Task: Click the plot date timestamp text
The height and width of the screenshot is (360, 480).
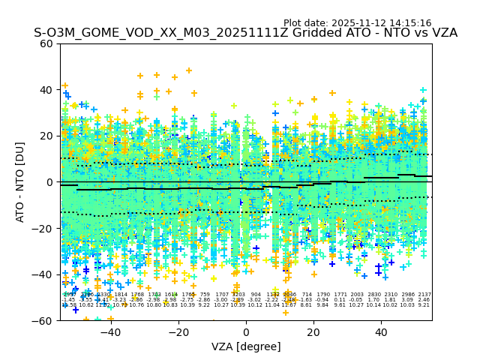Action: [357, 23]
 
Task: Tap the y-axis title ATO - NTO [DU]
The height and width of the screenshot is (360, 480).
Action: [21, 181]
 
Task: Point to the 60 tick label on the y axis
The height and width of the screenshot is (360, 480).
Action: [46, 43]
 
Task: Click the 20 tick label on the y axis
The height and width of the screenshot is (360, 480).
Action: [46, 136]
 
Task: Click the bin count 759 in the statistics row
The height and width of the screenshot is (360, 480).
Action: [205, 295]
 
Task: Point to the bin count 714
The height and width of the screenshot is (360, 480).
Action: [307, 295]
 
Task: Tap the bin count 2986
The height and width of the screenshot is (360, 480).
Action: [408, 295]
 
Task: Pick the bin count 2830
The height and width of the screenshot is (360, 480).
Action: [374, 295]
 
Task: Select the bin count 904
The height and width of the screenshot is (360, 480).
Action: [256, 295]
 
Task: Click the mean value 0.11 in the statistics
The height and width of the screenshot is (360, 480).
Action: [340, 300]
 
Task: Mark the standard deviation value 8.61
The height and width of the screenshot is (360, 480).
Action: [306, 305]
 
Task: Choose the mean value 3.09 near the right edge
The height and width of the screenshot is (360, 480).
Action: [407, 300]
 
